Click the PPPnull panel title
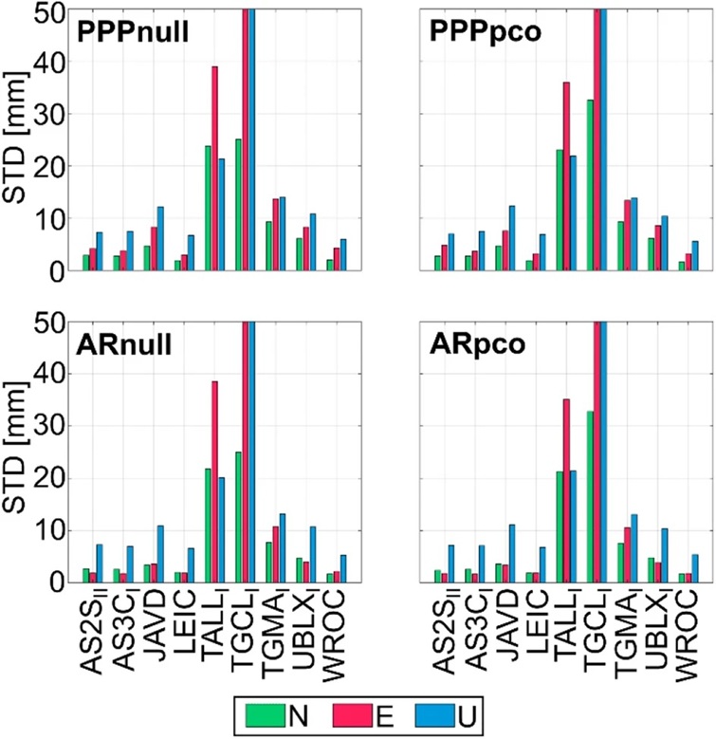click(x=133, y=33)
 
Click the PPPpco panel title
click(x=486, y=33)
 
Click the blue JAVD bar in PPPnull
click(x=160, y=238)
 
